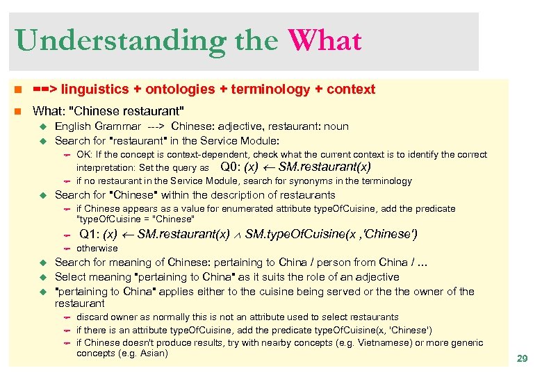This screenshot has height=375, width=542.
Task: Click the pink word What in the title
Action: [325, 40]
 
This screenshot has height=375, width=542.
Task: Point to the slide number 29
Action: [522, 358]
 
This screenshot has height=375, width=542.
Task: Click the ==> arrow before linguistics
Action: [46, 89]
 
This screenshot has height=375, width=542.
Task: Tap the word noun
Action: [337, 126]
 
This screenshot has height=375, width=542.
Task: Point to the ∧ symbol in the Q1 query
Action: [237, 235]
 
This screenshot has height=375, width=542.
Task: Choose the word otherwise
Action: [97, 248]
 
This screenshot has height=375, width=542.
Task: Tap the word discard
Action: [90, 317]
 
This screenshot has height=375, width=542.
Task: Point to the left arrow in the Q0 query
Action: [268, 167]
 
